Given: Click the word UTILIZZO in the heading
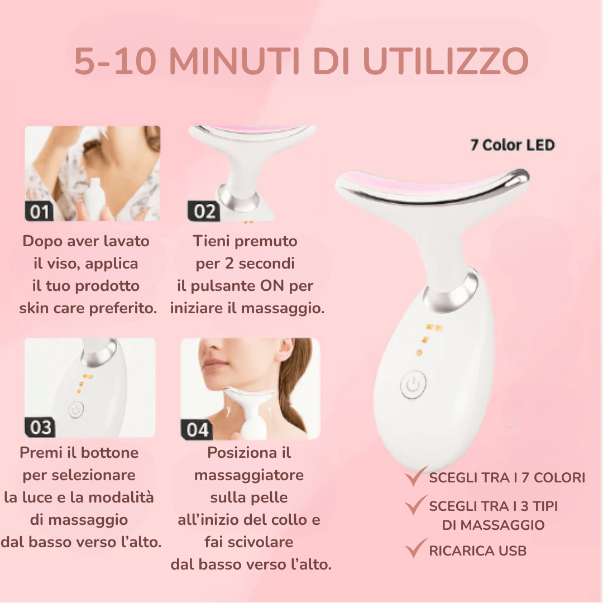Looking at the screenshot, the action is tap(446, 61).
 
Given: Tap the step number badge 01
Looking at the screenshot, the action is tap(39, 212).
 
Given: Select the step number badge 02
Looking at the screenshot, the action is tap(203, 212).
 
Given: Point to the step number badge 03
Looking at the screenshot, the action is tap(40, 427).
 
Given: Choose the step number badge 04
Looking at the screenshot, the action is tap(197, 429).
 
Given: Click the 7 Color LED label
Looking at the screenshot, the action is tap(513, 145).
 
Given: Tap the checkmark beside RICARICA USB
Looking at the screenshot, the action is tap(415, 548).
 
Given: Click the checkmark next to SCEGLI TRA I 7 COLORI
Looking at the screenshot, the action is tap(415, 476).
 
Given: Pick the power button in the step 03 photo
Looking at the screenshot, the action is tap(76, 409).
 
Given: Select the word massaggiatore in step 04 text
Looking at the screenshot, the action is tap(249, 475).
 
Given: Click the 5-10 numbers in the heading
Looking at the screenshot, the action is tap(116, 61).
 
